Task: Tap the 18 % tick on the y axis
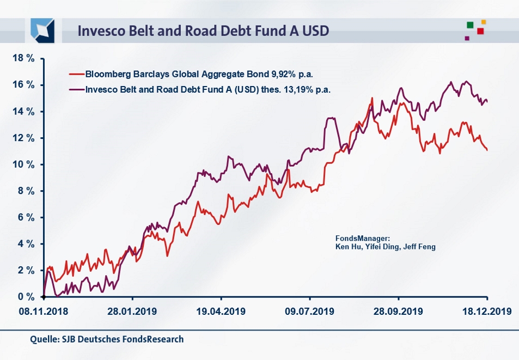coord(23,58)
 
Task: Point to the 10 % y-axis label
coord(23,164)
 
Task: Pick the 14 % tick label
coord(23,112)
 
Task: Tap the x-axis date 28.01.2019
coord(132,312)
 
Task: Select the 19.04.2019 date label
coord(221,312)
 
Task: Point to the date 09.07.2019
coord(309,312)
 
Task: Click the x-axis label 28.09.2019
coord(398,312)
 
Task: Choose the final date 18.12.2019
coord(486,312)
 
